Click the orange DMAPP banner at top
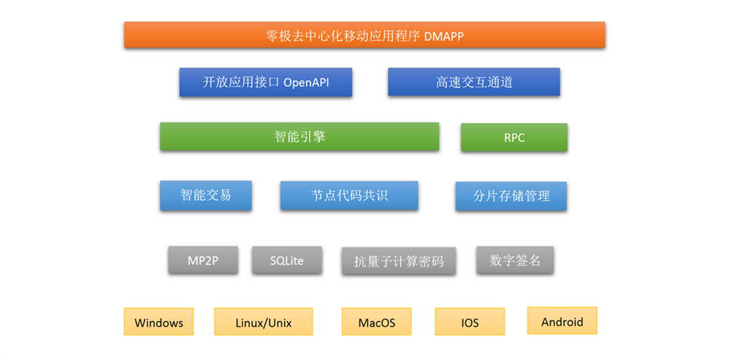click(x=365, y=35)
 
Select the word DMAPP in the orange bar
click(x=444, y=37)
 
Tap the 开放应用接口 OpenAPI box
click(x=266, y=82)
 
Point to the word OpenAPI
click(x=306, y=83)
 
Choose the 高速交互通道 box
click(x=474, y=82)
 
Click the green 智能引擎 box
click(x=299, y=137)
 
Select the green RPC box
click(x=514, y=137)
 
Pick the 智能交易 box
click(x=206, y=195)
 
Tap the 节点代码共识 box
click(x=349, y=195)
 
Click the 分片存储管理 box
click(x=511, y=196)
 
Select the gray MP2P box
click(x=203, y=260)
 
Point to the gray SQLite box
click(x=287, y=261)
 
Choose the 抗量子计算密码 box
click(x=399, y=261)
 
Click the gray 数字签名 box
click(x=515, y=260)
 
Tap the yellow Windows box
click(x=159, y=322)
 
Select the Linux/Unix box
click(x=263, y=322)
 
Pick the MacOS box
click(x=377, y=322)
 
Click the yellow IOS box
click(x=470, y=322)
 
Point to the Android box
click(x=562, y=321)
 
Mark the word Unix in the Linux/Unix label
click(x=280, y=323)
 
